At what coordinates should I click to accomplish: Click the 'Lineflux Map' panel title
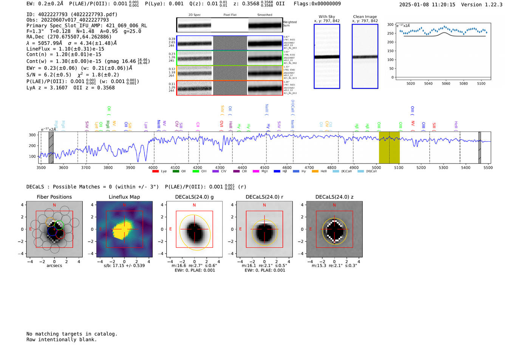(124, 197)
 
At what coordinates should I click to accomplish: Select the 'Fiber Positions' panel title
(54, 197)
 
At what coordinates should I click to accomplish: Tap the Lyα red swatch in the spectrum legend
(155, 171)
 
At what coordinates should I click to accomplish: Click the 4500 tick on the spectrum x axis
(264, 168)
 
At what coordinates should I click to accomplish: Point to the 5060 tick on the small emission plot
(446, 83)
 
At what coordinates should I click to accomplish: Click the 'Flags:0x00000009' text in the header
(317, 3)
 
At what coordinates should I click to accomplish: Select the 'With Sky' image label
(326, 17)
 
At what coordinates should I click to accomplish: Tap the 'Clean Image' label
(365, 17)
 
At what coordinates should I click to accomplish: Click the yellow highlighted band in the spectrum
(389, 147)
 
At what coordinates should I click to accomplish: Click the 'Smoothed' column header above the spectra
(264, 15)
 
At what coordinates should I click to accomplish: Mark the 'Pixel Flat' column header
(230, 15)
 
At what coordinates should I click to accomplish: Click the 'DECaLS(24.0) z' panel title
(334, 197)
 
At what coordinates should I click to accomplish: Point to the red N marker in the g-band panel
(194, 205)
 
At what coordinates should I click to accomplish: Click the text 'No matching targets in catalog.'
(72, 334)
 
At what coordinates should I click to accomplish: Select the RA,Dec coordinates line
(69, 37)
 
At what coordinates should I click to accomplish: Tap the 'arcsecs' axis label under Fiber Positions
(54, 266)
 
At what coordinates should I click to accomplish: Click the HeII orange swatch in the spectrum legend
(315, 171)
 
